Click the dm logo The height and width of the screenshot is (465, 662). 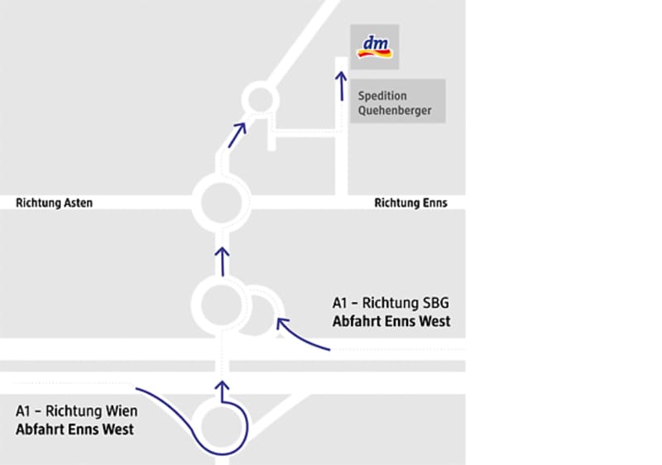[377, 46]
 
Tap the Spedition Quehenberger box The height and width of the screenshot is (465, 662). [397, 102]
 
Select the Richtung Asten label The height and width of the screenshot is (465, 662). [55, 203]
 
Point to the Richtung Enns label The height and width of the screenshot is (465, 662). [410, 203]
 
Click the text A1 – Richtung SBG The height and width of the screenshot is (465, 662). [391, 303]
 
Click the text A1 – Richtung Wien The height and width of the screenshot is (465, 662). [77, 411]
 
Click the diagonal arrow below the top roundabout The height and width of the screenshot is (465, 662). [237, 134]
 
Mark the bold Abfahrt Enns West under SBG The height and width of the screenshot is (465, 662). [391, 321]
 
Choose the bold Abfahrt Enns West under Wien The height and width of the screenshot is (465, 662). [74, 429]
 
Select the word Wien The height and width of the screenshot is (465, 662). [122, 411]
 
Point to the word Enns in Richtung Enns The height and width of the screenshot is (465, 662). [434, 203]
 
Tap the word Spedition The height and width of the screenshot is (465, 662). [382, 95]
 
